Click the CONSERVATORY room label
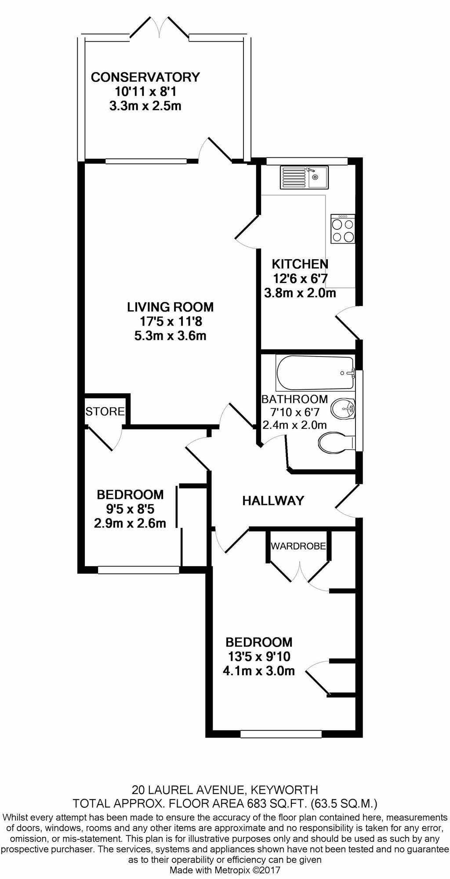coord(145,77)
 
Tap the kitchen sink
coord(304,178)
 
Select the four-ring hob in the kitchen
coord(343,229)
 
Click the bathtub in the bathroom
coord(315,373)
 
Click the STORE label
coord(105,411)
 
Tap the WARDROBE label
coord(298,546)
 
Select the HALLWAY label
coord(273,501)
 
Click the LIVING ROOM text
coord(171,307)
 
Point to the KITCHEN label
coord(300,264)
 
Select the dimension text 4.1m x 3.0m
coord(259,671)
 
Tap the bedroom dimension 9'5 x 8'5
coord(130,509)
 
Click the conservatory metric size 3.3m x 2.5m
coord(145,106)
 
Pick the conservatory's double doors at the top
coord(160,28)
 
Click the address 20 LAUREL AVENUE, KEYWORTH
coord(225,790)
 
